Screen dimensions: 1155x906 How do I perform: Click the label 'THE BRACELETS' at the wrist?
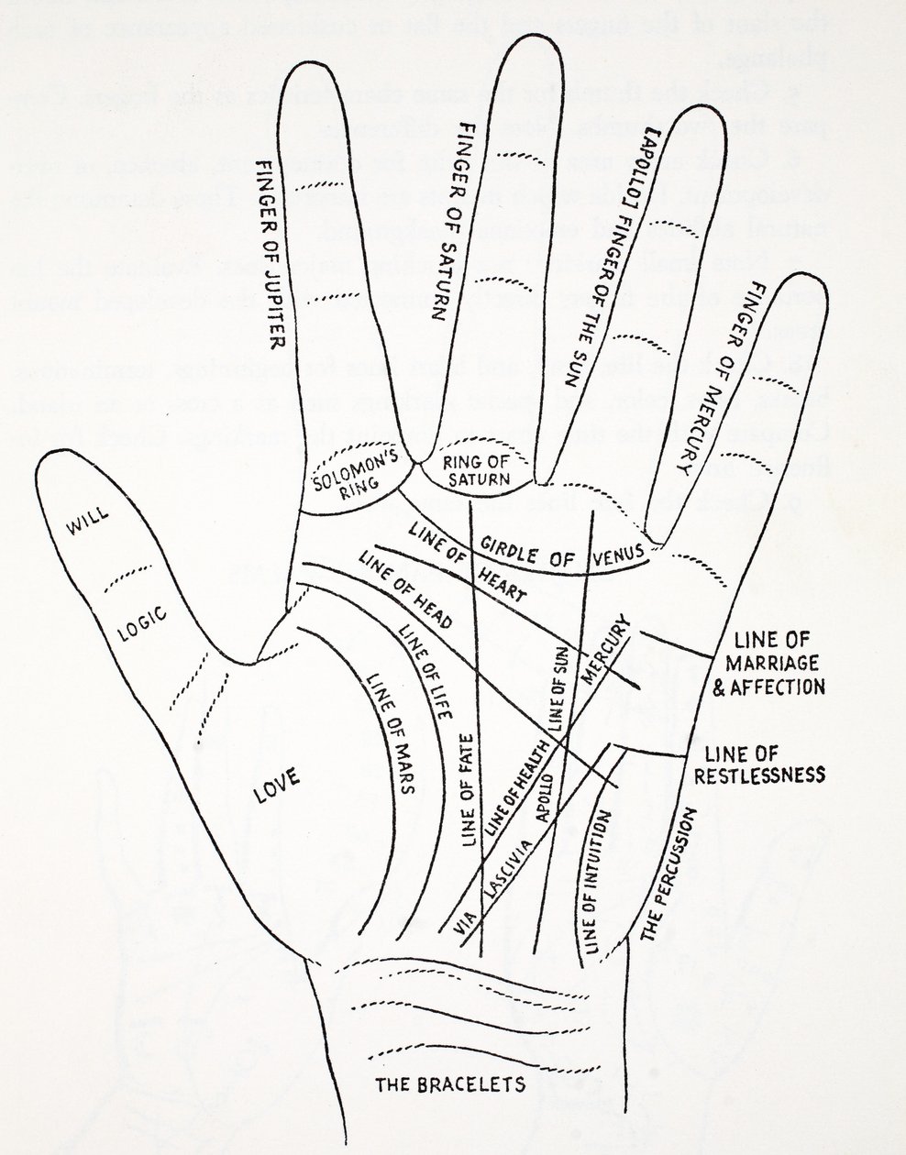451,1084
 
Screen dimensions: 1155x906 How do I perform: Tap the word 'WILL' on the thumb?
88,524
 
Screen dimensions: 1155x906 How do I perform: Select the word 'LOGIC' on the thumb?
142,626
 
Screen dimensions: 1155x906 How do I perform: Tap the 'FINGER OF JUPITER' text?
268,255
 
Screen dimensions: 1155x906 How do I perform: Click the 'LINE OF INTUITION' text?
591,884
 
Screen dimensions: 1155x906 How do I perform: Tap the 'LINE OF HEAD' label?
404,591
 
